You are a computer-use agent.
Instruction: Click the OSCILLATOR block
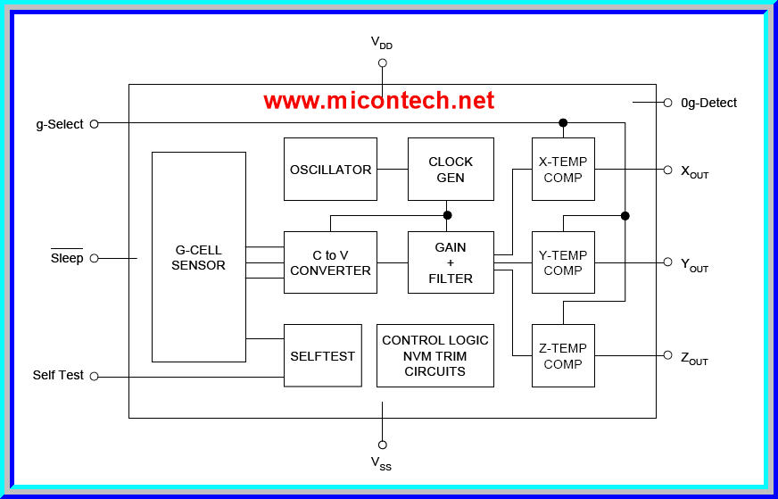click(x=330, y=169)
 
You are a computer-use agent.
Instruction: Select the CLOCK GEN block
click(x=451, y=169)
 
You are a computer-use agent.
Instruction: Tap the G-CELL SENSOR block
click(x=198, y=257)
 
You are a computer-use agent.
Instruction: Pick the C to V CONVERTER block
click(x=330, y=262)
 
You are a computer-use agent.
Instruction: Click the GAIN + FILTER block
click(x=451, y=262)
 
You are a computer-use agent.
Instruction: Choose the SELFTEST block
click(x=322, y=355)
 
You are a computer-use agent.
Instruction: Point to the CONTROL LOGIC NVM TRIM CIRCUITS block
click(x=435, y=355)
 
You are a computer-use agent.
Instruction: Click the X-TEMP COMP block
click(x=563, y=169)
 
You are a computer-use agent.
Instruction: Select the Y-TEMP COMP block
click(x=563, y=262)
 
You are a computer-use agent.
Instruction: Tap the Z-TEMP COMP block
click(x=563, y=355)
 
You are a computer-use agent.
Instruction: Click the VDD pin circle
click(x=383, y=62)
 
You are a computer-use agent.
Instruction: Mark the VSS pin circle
click(x=383, y=445)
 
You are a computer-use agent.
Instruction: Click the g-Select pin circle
click(x=94, y=124)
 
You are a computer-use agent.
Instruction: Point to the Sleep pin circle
click(x=94, y=258)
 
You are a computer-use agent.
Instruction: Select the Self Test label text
click(x=58, y=375)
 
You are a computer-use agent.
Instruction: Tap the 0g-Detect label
click(x=708, y=103)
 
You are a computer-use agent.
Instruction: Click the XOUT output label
click(x=694, y=171)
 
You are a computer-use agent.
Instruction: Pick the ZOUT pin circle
click(x=667, y=355)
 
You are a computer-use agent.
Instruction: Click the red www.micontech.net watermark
click(x=378, y=100)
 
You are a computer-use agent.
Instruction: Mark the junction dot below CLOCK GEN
click(x=448, y=215)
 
